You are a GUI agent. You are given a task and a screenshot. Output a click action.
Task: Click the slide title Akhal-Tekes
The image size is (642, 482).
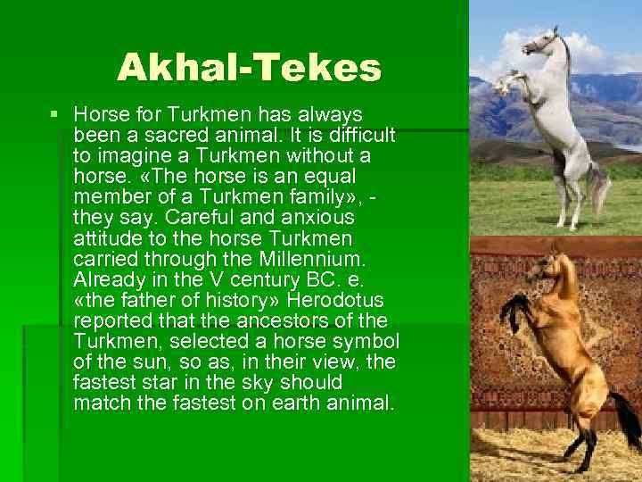249,68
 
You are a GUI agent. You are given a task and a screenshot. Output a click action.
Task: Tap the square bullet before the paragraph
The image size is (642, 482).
54,115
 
